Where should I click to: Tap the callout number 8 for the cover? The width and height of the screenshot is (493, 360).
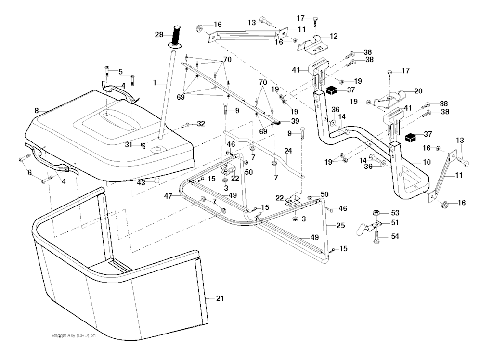point(36,111)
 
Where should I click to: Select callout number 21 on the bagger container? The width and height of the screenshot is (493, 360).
point(220,299)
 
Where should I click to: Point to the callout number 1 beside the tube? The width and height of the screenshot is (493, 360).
point(155,83)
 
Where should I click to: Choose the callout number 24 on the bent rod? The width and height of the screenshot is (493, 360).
point(288,151)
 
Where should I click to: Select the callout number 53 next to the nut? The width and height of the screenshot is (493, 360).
point(395,212)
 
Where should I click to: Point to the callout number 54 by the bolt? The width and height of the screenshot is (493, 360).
point(395,236)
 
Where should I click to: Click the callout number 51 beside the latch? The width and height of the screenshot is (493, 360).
point(395,223)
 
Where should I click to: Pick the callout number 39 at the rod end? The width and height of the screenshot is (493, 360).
point(295,121)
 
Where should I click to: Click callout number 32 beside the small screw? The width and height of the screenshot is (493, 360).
point(201,124)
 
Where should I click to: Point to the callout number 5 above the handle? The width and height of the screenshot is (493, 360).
point(120,72)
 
